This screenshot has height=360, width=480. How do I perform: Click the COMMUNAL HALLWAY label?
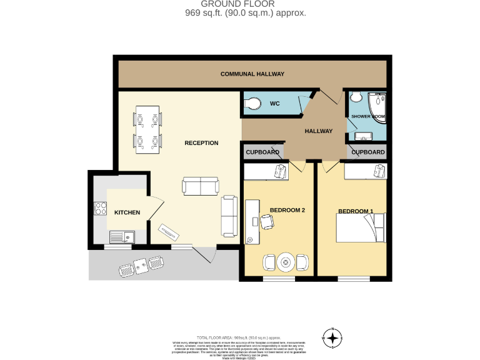(x=252, y=74)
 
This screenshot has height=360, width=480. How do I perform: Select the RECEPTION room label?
(x=201, y=143)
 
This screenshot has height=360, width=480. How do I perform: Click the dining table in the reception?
(x=147, y=130)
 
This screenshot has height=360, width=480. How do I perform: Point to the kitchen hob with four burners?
(x=101, y=209)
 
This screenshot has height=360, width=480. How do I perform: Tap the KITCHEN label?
(x=127, y=213)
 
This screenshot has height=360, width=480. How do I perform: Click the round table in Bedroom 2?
(x=286, y=261)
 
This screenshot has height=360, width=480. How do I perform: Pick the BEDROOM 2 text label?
(x=287, y=210)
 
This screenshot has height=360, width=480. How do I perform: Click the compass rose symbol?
(x=332, y=338)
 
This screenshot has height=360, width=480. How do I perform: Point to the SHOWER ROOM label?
(x=367, y=117)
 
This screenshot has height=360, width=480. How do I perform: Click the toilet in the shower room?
(x=356, y=97)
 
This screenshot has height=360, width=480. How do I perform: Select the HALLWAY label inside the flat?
(x=318, y=131)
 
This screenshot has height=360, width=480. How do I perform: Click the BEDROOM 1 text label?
(x=355, y=212)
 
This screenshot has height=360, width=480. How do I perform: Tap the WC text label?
(x=274, y=104)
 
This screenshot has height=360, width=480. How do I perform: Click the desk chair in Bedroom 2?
(x=267, y=221)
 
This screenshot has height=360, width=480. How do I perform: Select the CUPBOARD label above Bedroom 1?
(x=367, y=152)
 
